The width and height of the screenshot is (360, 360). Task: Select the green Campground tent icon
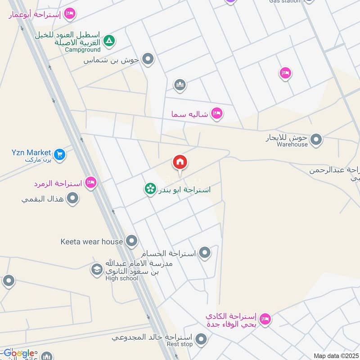(x=109, y=41)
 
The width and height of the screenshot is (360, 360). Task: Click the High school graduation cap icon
(x=96, y=270)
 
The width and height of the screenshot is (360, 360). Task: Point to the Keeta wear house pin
(x=131, y=242)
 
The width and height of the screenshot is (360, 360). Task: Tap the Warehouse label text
(x=292, y=144)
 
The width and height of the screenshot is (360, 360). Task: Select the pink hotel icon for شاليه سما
(x=217, y=113)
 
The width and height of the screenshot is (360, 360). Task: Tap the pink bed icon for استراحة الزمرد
(x=91, y=183)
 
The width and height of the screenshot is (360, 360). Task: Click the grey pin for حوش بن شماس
(x=148, y=59)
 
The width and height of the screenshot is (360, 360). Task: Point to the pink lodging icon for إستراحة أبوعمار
(x=70, y=14)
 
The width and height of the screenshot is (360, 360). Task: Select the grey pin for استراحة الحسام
(x=205, y=253)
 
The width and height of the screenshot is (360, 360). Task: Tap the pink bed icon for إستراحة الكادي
(x=265, y=319)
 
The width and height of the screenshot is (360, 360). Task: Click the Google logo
(x=19, y=353)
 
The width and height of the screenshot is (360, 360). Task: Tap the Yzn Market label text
(x=31, y=152)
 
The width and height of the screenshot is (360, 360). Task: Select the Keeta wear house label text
(x=91, y=242)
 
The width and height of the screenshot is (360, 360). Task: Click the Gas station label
(x=284, y=1)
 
